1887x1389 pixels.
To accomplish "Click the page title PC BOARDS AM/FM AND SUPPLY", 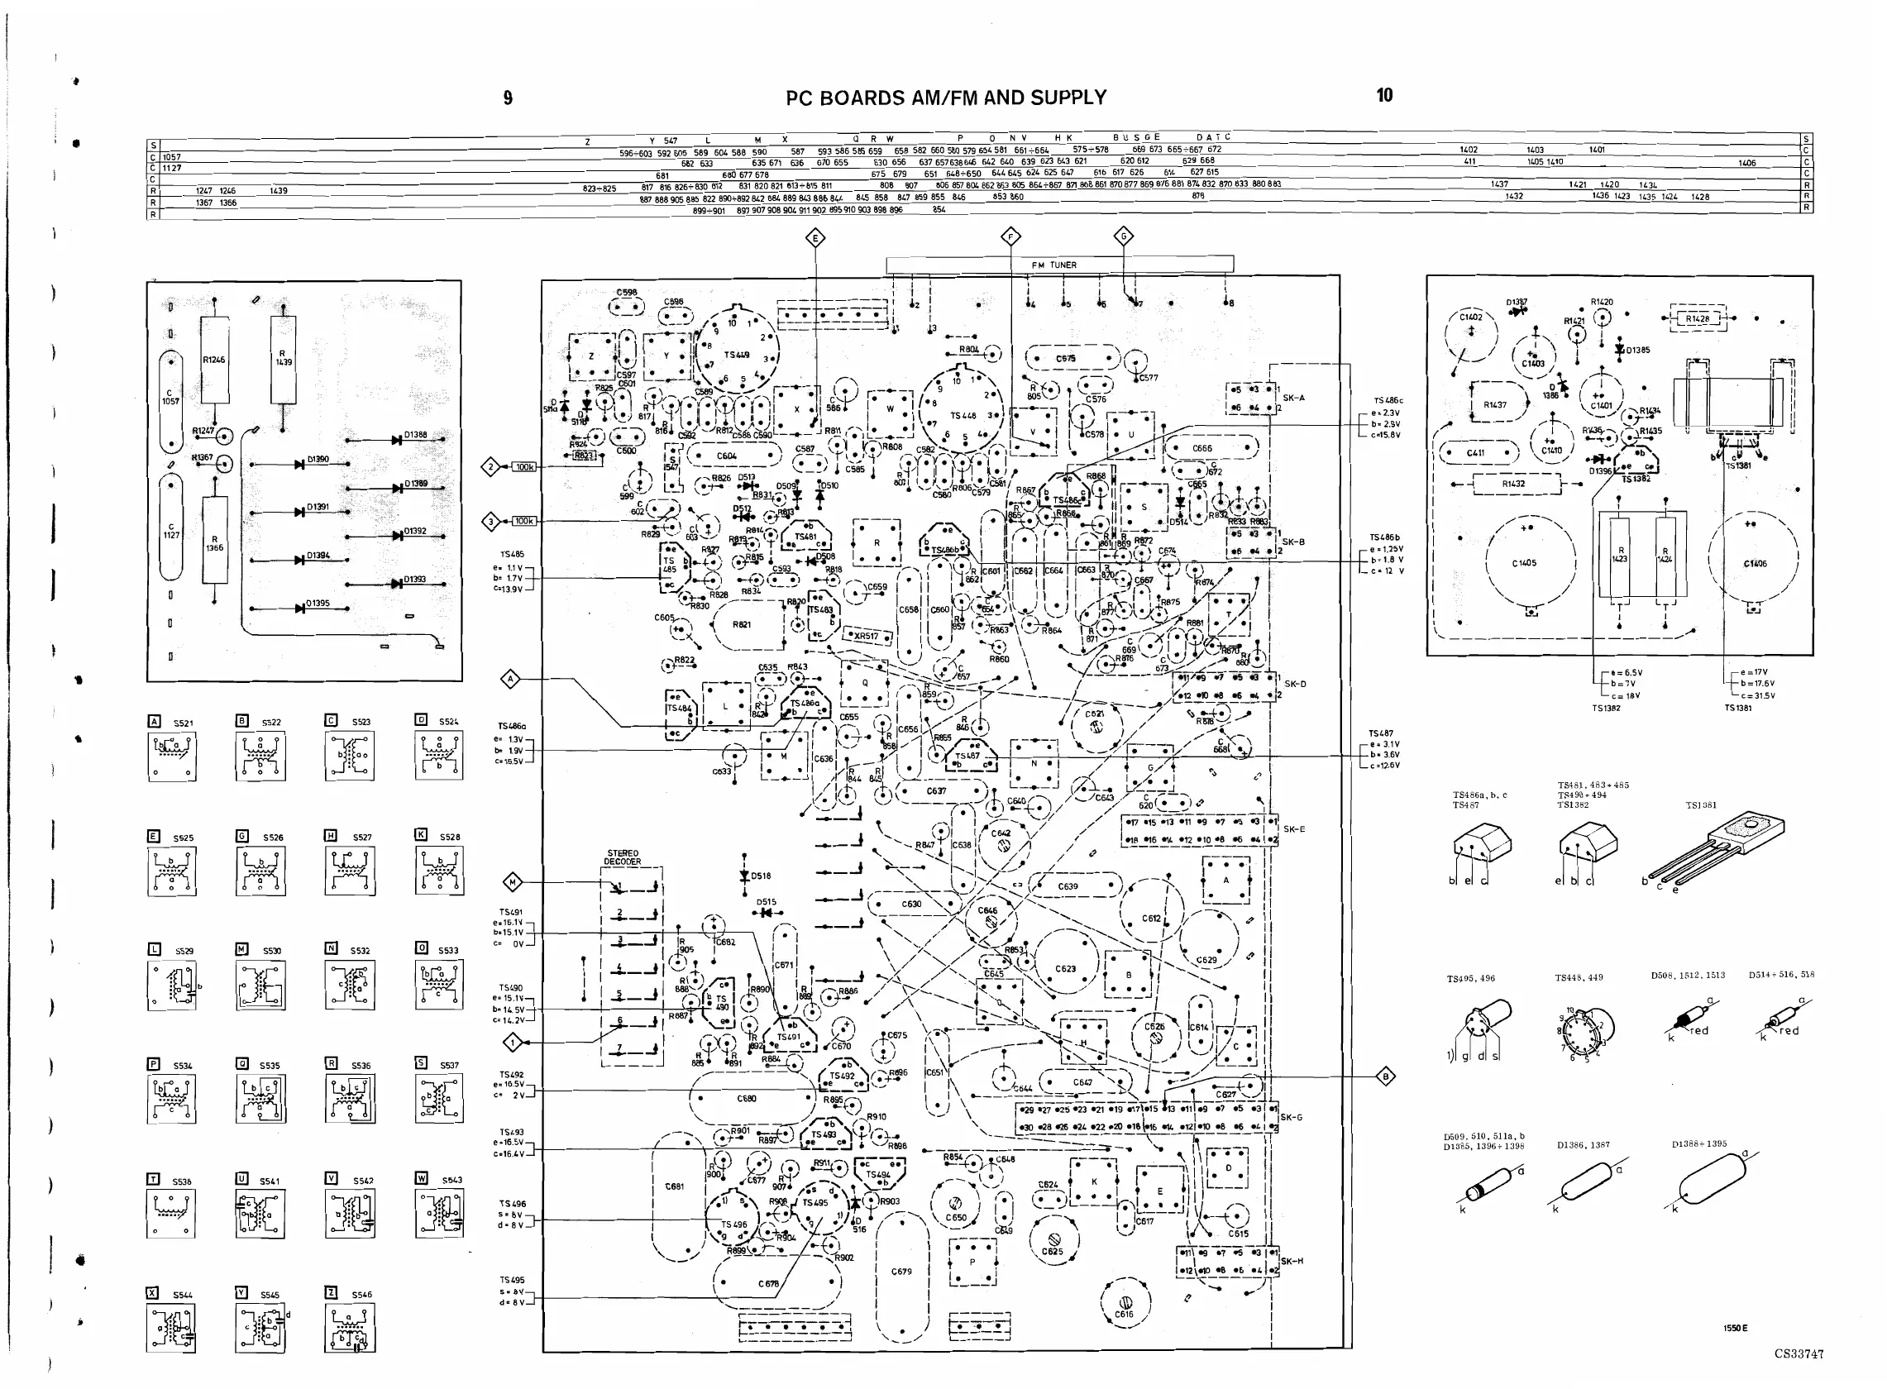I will click(945, 98).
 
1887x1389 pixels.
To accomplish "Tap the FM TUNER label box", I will click(1059, 265).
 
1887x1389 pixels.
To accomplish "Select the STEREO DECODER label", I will click(623, 857).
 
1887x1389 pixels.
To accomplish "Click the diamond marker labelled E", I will click(815, 239).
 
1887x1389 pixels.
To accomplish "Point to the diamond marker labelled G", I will click(1124, 236).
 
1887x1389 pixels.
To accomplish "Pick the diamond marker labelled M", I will click(512, 882).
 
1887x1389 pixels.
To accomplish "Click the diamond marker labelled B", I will click(1385, 1076).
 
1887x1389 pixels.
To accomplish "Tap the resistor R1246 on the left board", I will click(214, 360).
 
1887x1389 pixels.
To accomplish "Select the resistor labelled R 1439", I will click(284, 359).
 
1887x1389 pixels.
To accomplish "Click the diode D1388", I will click(396, 439).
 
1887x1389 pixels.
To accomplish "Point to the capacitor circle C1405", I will click(1524, 562).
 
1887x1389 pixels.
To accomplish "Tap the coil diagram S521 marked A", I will click(172, 756).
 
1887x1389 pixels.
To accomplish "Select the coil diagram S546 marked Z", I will click(349, 1328).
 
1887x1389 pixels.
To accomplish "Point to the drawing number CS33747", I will click(1799, 1353).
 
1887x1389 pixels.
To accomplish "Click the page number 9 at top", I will click(508, 98).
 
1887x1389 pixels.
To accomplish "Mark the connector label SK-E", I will click(1294, 829).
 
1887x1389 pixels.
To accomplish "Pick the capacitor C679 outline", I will click(901, 1272).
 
